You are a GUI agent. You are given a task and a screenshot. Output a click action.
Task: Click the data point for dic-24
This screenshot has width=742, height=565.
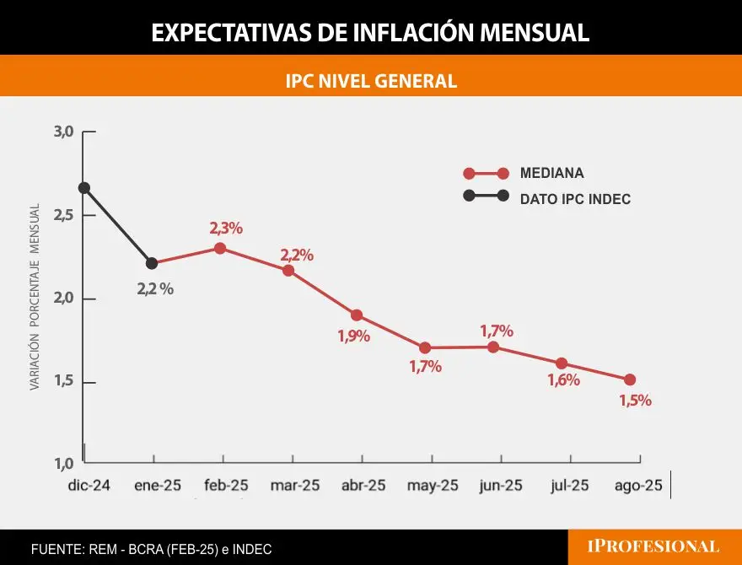coord(83,188)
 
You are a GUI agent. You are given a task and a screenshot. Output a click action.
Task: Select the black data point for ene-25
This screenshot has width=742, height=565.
coord(152,264)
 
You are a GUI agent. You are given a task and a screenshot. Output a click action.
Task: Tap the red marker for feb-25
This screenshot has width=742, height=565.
coord(220,248)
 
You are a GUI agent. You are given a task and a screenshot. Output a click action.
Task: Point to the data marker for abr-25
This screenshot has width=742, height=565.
coord(357,315)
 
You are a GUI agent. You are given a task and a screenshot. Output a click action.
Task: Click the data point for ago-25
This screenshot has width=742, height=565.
coord(630,379)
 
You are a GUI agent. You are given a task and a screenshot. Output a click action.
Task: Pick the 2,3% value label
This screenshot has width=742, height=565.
coord(226,228)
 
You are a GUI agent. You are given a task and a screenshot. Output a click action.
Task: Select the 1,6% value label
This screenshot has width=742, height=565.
coord(563,380)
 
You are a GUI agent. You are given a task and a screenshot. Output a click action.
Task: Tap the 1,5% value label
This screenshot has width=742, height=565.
coord(635,401)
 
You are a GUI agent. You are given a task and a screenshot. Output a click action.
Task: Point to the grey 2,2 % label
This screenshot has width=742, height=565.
coord(155,288)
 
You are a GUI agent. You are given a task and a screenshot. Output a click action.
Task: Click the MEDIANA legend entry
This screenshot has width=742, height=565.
coord(551,174)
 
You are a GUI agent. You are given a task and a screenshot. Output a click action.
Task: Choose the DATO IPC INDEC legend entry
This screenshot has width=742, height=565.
coord(575,200)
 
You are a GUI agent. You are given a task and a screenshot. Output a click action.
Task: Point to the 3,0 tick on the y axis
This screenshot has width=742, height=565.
coord(64,132)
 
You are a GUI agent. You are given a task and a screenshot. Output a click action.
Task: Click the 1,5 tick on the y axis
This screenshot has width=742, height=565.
coord(64,382)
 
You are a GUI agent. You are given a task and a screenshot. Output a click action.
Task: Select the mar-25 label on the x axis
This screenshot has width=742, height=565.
coord(295,486)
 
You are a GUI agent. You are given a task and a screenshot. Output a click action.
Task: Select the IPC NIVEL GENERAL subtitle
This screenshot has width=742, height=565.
coord(371,81)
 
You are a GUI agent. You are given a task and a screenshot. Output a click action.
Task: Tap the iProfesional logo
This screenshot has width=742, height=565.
coord(653,546)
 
